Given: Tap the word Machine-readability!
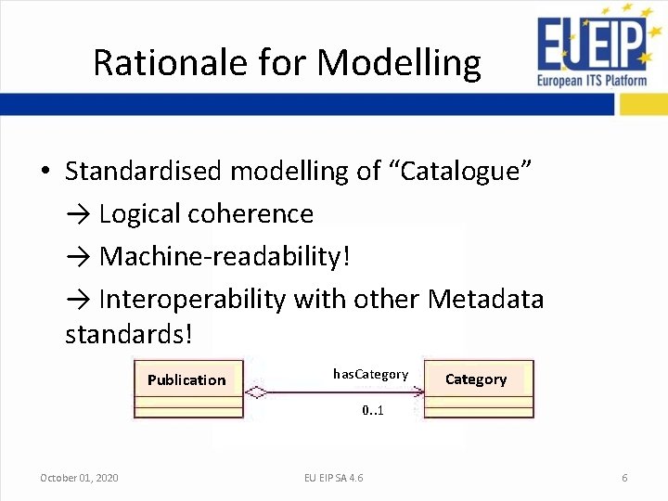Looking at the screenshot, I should (225, 256).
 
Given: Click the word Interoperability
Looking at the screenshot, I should (192, 299).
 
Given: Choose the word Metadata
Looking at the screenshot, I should (485, 299).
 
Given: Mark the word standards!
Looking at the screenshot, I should (128, 334).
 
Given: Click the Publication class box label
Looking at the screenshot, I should (186, 379).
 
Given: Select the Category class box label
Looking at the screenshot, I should (476, 379).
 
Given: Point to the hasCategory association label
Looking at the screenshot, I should (370, 374).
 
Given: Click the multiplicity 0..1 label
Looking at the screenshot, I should (373, 410).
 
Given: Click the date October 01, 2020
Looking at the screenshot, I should (79, 478).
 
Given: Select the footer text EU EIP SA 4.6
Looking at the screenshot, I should (334, 478).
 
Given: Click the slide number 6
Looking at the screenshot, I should (624, 478).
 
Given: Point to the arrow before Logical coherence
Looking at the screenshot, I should (78, 214).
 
